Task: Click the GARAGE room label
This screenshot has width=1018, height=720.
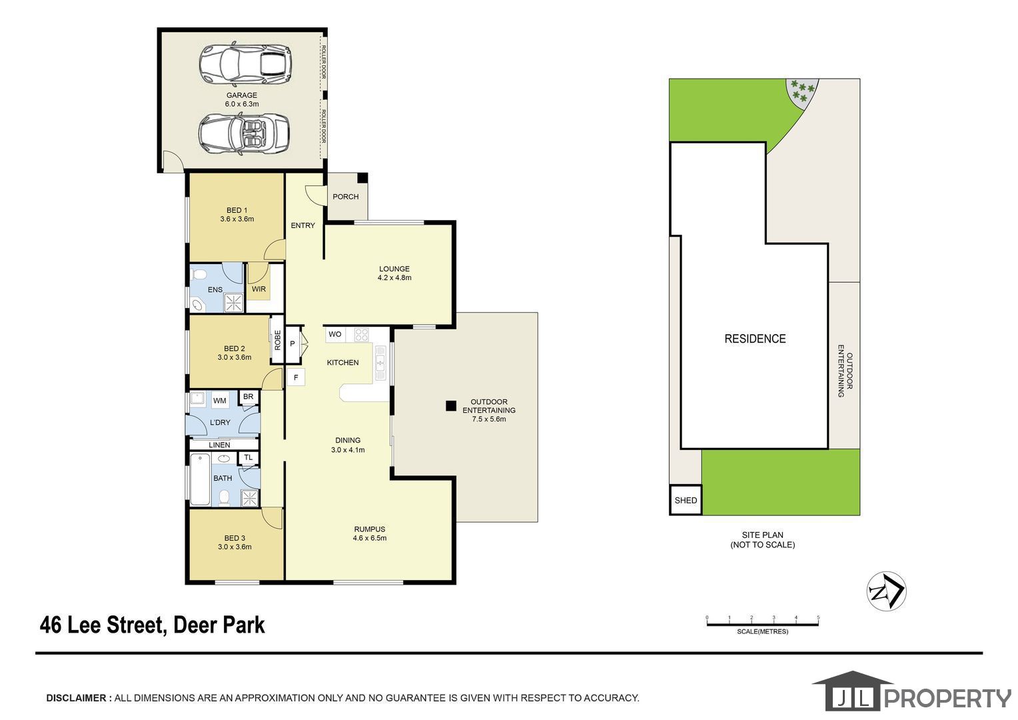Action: (242, 95)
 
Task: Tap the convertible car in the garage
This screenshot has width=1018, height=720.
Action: (244, 134)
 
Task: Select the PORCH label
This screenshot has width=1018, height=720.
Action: (345, 197)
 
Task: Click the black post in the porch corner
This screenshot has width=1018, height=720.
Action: (362, 178)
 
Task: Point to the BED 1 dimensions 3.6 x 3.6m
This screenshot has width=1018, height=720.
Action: (237, 219)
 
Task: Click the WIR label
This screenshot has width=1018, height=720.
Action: (258, 289)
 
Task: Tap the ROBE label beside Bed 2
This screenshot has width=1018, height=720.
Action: (278, 340)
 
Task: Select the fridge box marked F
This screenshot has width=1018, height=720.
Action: (296, 377)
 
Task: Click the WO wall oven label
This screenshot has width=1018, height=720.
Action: (335, 334)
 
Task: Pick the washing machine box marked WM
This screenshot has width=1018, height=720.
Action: (219, 401)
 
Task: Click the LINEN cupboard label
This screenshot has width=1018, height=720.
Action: (219, 445)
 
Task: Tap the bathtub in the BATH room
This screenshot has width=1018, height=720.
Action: (200, 479)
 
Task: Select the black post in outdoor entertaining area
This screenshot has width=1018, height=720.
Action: (451, 406)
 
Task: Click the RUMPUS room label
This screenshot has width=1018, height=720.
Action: (370, 529)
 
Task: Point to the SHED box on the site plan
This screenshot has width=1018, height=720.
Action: (686, 500)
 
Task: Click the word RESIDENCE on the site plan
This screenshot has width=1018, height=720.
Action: (755, 339)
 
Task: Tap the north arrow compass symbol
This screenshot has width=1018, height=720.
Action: (887, 591)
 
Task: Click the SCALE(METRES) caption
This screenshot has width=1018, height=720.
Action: (763, 632)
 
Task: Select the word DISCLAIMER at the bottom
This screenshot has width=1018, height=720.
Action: (77, 698)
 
